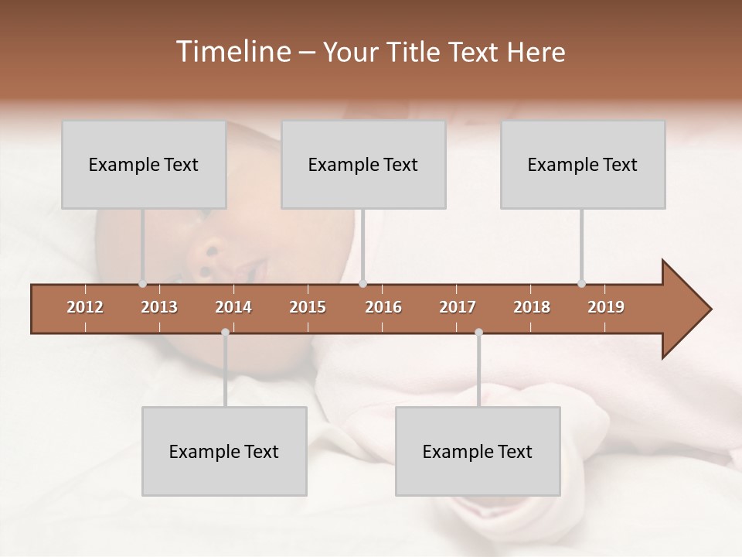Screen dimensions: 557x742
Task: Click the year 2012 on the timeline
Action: (85, 307)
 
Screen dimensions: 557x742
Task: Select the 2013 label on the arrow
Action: (159, 307)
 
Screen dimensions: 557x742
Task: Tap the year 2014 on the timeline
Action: (233, 307)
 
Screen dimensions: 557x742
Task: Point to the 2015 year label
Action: (308, 307)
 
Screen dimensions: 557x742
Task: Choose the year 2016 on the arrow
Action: (383, 307)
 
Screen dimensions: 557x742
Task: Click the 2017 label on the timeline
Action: (458, 307)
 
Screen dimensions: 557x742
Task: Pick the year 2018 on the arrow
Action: (532, 307)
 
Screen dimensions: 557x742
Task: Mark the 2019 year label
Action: (606, 307)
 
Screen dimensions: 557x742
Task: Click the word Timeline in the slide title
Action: (232, 52)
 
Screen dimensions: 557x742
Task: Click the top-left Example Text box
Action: (144, 164)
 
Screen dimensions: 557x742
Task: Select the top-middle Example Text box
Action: (363, 164)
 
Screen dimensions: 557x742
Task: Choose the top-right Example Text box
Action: (583, 164)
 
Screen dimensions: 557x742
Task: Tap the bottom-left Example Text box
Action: (224, 451)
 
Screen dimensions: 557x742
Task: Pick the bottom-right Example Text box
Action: (478, 451)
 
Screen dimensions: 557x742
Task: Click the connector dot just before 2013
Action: (142, 284)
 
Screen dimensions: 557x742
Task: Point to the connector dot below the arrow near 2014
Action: (225, 333)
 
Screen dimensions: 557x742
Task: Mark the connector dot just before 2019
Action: (581, 284)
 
